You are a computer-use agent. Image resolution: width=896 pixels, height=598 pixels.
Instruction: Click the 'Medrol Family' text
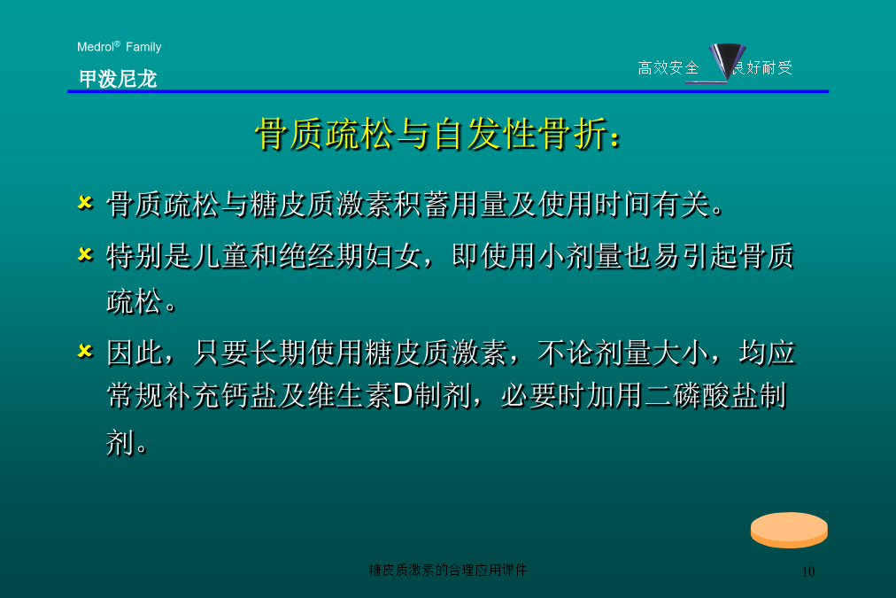pos(119,46)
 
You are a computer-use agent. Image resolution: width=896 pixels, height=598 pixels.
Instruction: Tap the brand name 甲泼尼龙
pos(118,78)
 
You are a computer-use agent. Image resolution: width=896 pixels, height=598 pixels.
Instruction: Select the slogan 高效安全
pos(668,68)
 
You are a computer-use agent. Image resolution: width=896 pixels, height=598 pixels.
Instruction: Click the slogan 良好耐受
pos(762,68)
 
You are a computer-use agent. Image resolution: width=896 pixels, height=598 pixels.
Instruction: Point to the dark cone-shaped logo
pos(726,59)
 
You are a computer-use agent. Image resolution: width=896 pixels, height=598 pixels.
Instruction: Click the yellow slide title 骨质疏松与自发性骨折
pos(437,135)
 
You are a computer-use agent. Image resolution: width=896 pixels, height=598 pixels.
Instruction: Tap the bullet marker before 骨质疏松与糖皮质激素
pos(85,202)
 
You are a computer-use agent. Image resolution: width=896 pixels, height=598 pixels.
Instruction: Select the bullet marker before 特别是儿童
pos(85,254)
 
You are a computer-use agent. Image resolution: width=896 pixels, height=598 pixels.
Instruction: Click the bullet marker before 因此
pos(85,351)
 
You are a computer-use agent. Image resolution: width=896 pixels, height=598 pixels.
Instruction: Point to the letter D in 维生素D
pos(403,394)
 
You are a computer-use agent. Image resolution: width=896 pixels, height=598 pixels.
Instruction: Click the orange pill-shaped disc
pos(789,530)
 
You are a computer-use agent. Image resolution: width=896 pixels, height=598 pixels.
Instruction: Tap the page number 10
pos(808,571)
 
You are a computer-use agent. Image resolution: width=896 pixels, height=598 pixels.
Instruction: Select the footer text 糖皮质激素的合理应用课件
pos(447,570)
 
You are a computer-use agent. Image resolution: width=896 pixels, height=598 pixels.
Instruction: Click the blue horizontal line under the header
pos(448,91)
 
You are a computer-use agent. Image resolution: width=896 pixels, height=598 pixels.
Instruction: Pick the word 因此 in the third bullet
pos(135,353)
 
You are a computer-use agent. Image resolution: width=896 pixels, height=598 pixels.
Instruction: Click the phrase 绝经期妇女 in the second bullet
pos(351,255)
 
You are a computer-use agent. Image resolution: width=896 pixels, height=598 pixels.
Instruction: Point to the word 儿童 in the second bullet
pos(221,255)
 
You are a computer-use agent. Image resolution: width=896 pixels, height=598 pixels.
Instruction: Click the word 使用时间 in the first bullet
pos(596,204)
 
